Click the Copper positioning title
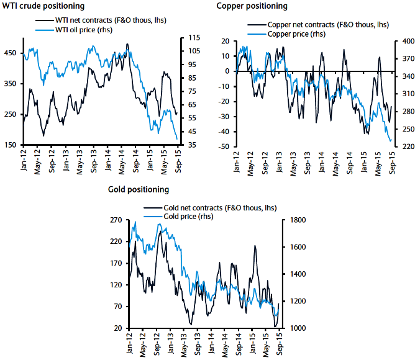click(252, 6)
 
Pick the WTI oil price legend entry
click(80, 30)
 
